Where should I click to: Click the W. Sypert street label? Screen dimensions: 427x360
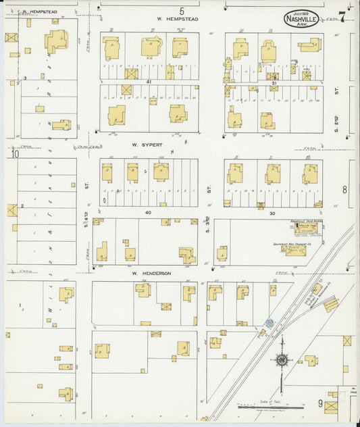144,145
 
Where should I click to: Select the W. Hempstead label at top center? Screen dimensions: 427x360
178,20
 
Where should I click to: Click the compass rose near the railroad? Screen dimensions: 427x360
281,360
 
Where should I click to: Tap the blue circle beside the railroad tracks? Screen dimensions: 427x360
269,324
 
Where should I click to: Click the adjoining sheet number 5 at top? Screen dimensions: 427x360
181,10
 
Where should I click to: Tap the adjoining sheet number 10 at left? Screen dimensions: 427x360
14,154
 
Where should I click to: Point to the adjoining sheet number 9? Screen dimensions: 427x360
319,403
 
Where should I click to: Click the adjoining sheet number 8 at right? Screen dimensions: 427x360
344,190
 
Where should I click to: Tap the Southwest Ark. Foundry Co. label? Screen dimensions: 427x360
292,244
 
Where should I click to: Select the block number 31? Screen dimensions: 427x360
273,82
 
